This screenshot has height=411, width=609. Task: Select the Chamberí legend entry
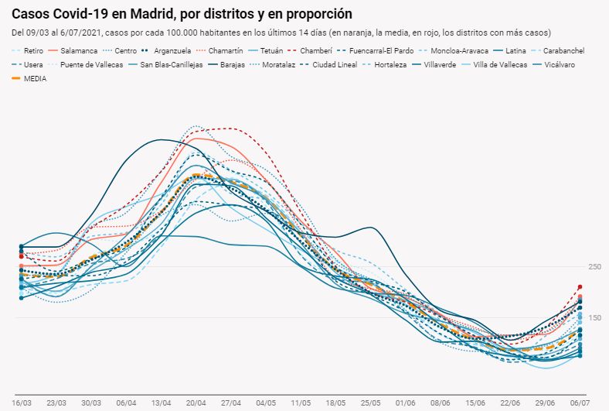294,50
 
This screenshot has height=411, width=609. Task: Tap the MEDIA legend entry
35,78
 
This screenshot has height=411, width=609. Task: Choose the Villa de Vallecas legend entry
500,64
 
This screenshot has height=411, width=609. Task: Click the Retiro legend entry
33,50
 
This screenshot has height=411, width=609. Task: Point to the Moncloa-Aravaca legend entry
459,50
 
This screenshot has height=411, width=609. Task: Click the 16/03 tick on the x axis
22,403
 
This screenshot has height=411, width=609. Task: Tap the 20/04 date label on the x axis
196,403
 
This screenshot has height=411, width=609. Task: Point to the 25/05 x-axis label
371,403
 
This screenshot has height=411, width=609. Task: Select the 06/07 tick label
580,403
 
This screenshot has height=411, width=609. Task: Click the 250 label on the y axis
594,267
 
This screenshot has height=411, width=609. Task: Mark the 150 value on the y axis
594,317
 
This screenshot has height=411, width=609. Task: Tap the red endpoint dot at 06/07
580,287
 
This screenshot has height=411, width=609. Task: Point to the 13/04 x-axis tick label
162,403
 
